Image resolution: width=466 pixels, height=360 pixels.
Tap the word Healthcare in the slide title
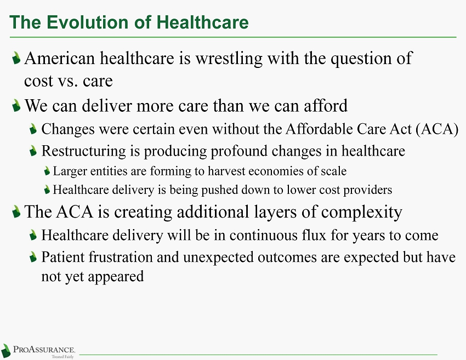tap(202, 22)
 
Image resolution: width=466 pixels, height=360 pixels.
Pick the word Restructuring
tap(83, 151)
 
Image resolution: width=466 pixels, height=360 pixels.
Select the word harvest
tap(226, 171)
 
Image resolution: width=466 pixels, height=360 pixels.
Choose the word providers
tap(368, 190)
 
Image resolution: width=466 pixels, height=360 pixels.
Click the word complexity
tap(362, 213)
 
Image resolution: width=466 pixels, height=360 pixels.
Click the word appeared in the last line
tap(116, 277)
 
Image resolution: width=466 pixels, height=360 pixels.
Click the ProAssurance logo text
tap(44, 349)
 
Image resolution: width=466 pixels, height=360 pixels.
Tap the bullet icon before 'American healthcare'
tap(16, 58)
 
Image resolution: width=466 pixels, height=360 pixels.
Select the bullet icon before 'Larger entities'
tap(47, 171)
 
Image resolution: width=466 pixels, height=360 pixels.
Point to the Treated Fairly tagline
tap(62, 356)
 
